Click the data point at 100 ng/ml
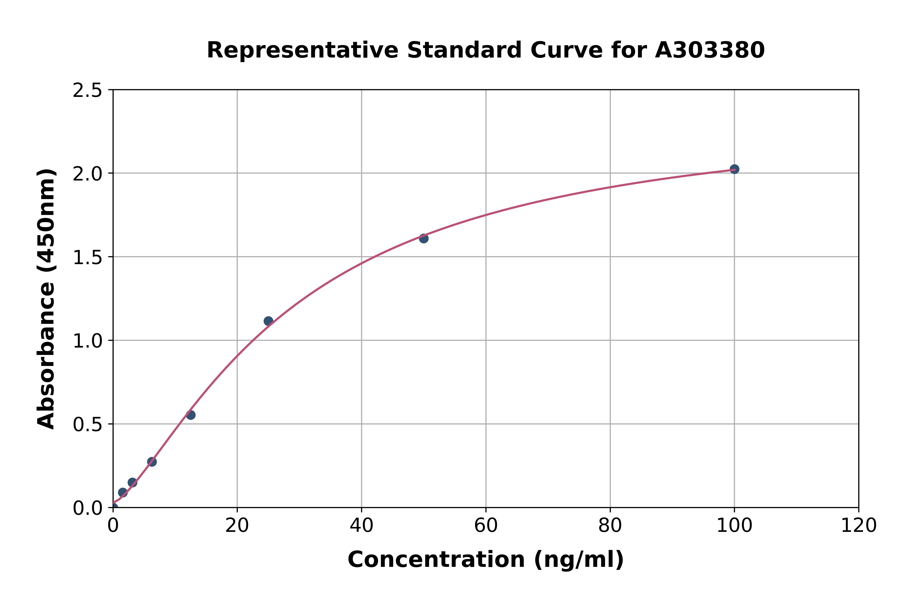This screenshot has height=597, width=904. click(x=734, y=169)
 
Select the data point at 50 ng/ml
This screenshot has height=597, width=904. click(x=423, y=238)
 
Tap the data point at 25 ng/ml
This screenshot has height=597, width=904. click(x=268, y=321)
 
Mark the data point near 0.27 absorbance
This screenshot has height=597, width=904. click(x=152, y=462)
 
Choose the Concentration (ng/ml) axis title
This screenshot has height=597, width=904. click(x=486, y=560)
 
